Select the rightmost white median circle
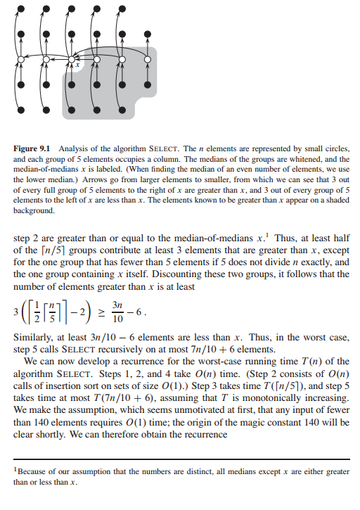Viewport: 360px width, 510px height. click(147, 61)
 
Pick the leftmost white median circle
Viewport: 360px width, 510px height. click(22, 61)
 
